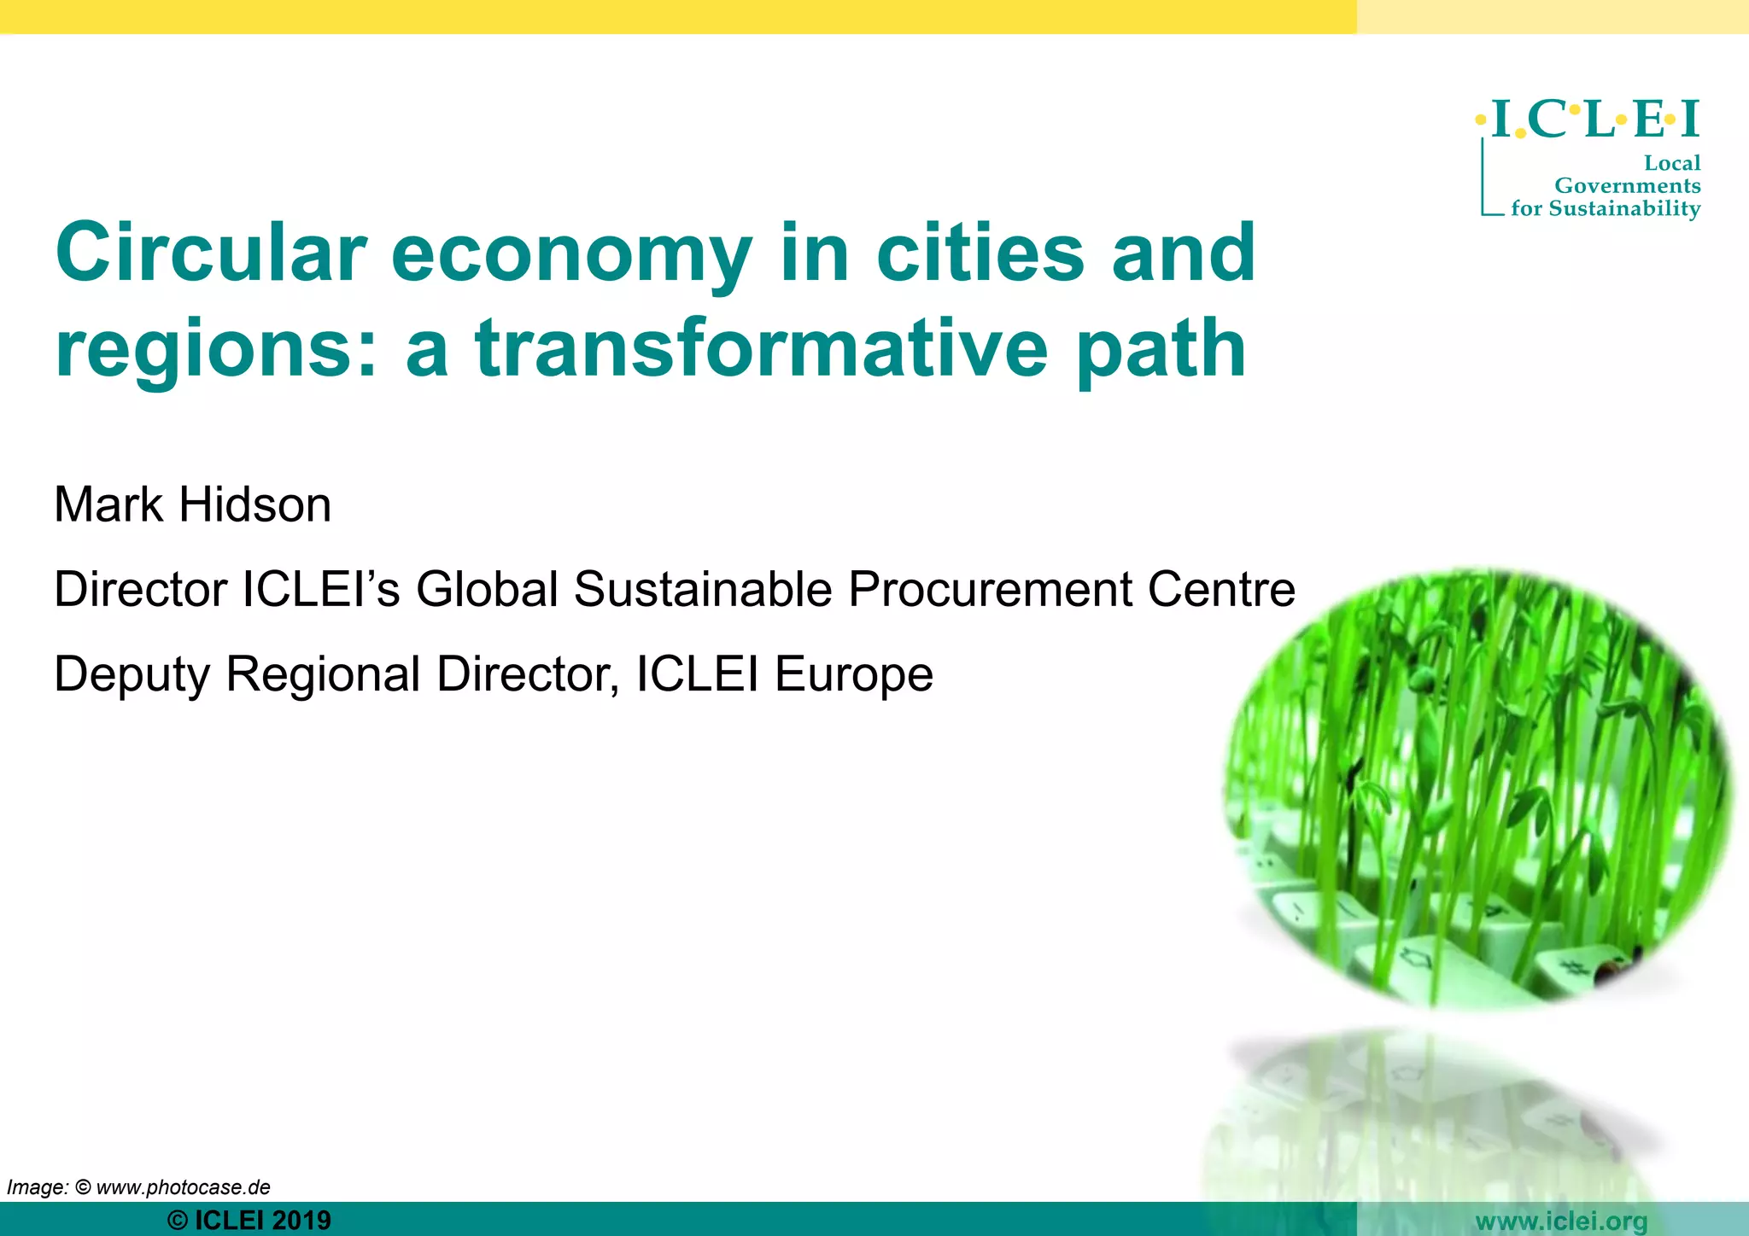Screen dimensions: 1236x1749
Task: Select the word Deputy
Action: [132, 675]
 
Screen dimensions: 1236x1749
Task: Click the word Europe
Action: [853, 674]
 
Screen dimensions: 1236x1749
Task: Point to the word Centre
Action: [1221, 589]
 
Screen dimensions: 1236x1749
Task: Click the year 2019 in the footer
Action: [301, 1221]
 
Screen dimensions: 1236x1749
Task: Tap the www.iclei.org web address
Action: [1561, 1221]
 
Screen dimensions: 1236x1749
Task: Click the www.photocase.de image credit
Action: [183, 1187]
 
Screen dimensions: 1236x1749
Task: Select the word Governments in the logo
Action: [1627, 185]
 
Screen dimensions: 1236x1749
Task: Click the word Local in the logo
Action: [1671, 163]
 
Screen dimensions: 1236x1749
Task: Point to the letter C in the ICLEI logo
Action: [1547, 120]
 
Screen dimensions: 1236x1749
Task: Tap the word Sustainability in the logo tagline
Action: [1624, 209]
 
